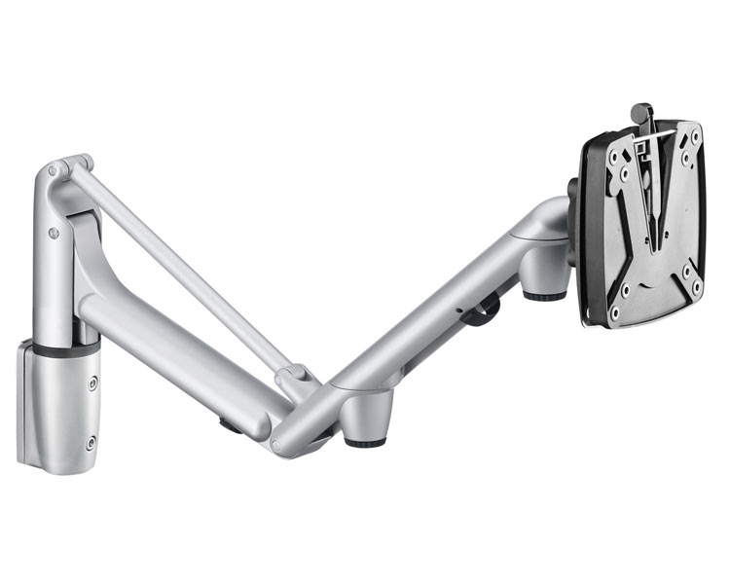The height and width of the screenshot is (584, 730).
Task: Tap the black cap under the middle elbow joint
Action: [365, 440]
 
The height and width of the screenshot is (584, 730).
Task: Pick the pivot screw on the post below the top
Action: [54, 233]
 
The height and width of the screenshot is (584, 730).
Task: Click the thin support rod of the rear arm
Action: [185, 263]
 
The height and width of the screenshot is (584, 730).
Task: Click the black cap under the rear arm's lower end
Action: [231, 424]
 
